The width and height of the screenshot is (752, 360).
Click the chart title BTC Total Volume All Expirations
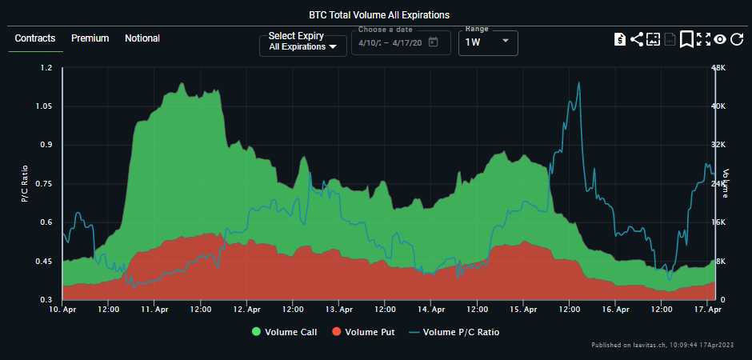tap(379, 14)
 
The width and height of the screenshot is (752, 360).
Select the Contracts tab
tap(35, 38)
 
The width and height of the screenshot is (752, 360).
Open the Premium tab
tap(90, 38)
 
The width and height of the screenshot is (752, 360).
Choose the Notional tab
tap(142, 38)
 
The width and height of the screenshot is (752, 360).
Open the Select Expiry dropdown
tap(303, 42)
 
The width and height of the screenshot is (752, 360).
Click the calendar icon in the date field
tap(434, 42)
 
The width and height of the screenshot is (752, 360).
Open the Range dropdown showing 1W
tap(487, 42)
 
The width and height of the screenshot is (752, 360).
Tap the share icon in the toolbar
tap(637, 39)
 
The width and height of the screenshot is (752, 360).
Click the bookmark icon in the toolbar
tap(686, 39)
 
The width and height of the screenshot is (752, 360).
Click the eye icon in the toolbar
tap(720, 39)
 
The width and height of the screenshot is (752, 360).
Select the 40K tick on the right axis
tap(718, 106)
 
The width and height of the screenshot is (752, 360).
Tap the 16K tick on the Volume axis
tap(718, 222)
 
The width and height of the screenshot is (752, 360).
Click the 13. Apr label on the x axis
tap(339, 309)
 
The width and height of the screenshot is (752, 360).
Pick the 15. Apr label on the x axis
tap(523, 309)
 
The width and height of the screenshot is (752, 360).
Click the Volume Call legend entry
tap(284, 332)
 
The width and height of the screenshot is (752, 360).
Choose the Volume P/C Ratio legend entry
tap(454, 332)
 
